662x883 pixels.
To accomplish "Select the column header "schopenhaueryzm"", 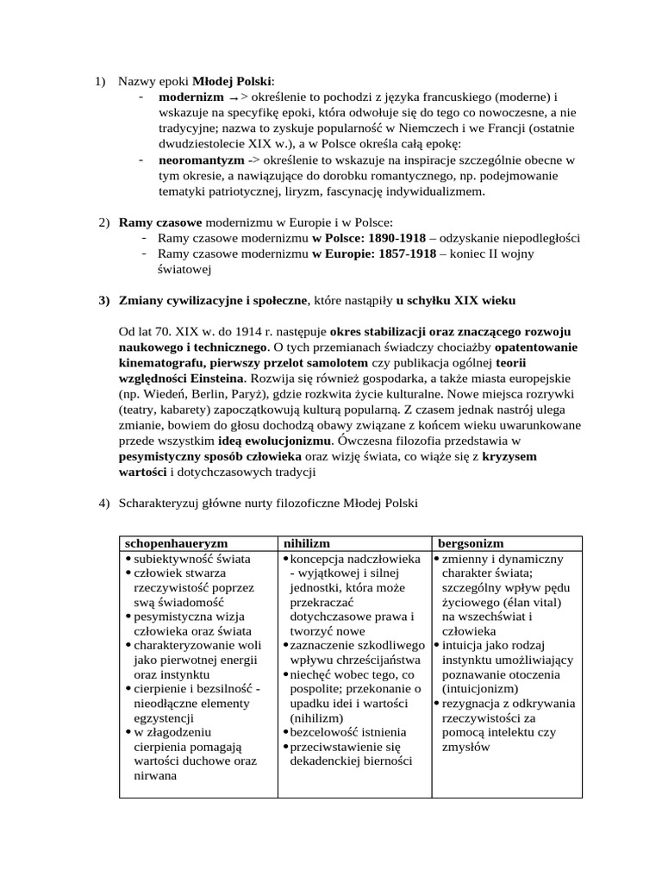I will point(177,543).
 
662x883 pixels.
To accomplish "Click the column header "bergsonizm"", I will point(472,543).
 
